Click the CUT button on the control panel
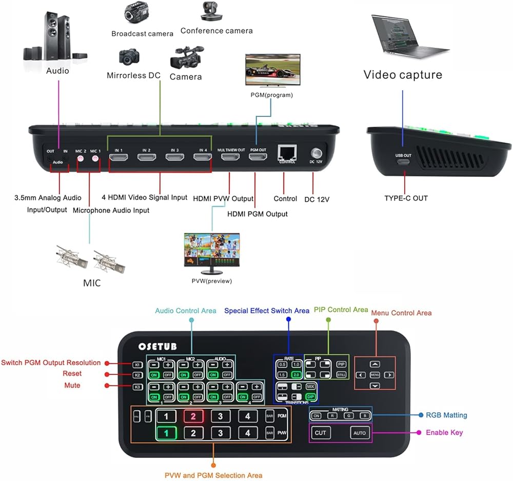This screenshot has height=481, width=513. click(x=321, y=433)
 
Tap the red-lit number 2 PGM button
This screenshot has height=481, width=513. click(x=193, y=416)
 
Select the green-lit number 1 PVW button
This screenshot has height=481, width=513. click(x=166, y=433)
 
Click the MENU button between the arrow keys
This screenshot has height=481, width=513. click(x=375, y=375)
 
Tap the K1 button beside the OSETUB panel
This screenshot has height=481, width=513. click(x=137, y=365)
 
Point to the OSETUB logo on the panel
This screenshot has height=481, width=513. click(x=157, y=347)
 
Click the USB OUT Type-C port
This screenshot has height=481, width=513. click(x=403, y=163)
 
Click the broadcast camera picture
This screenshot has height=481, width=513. click(x=136, y=13)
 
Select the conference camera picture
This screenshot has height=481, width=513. click(x=210, y=11)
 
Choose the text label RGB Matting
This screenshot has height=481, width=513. click(x=446, y=415)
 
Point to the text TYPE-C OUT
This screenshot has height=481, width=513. click(x=406, y=198)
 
